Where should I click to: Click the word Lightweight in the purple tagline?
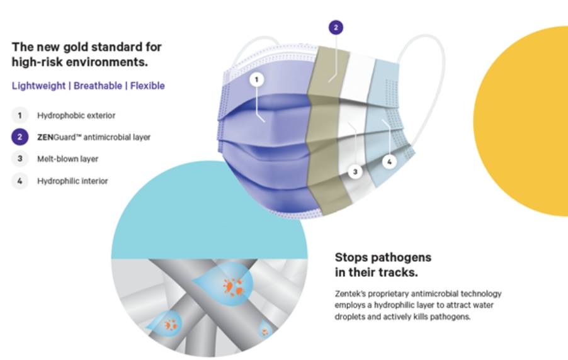[x=39, y=86]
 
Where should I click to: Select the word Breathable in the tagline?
[x=98, y=86]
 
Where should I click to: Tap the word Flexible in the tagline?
[x=147, y=86]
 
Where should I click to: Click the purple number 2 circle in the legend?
[x=20, y=137]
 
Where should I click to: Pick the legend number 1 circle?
[x=20, y=116]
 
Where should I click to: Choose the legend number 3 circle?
[x=20, y=159]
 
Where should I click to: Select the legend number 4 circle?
[x=20, y=181]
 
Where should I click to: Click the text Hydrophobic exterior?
[x=76, y=116]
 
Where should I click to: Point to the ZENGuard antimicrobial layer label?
[x=94, y=137]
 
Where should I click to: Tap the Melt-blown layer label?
[x=68, y=159]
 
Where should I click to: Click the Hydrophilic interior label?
[x=72, y=181]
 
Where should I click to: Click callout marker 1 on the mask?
[x=257, y=79]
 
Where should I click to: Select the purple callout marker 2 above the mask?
[x=336, y=28]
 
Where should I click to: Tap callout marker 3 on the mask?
[x=355, y=172]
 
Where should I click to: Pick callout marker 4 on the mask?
[x=389, y=162]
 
